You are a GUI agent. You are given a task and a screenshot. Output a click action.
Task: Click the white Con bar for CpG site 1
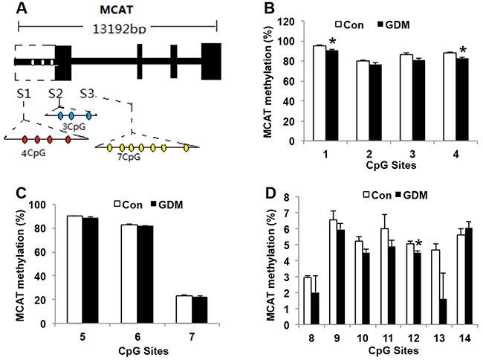point(320,93)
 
